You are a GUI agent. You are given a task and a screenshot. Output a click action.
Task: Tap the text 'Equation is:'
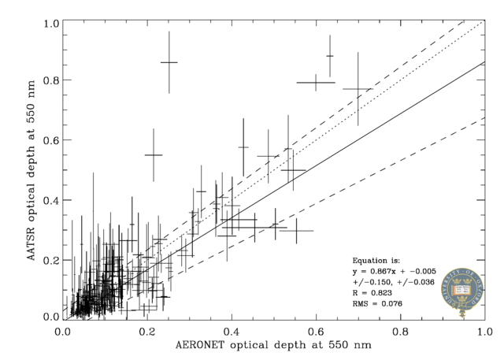point(376,260)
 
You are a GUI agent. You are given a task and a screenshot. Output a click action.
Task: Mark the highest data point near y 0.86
point(169,62)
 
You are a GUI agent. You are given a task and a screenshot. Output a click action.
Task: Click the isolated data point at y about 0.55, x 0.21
point(154,155)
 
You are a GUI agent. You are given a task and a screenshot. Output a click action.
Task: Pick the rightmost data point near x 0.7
point(358,89)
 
